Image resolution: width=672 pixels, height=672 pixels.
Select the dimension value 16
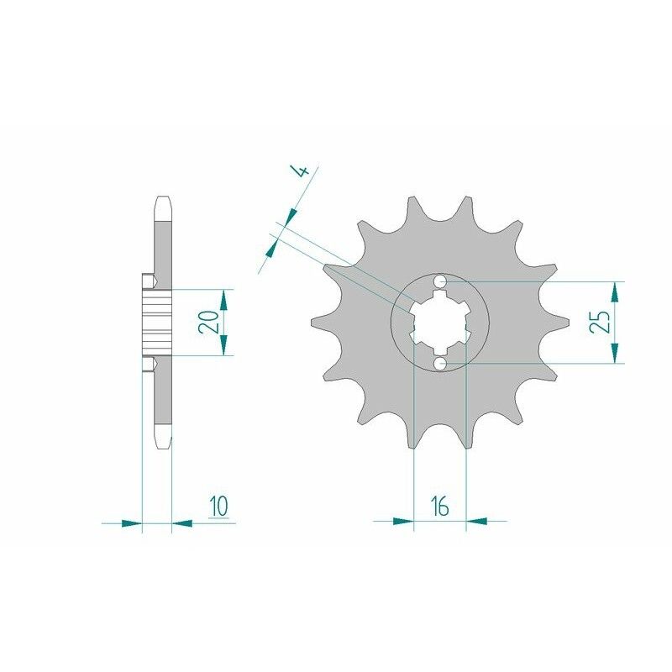(x=439, y=506)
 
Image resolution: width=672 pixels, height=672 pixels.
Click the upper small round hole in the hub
(x=441, y=281)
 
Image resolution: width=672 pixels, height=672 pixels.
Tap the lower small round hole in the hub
(x=441, y=363)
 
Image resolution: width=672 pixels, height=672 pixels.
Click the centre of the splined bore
(x=441, y=323)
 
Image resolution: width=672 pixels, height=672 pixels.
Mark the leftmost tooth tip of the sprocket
(x=312, y=323)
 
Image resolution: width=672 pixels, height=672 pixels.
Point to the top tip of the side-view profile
(x=163, y=198)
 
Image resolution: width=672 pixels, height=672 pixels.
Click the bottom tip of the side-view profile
(x=163, y=446)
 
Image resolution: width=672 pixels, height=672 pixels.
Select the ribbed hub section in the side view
(x=157, y=323)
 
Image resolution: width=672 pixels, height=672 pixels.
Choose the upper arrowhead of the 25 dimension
(x=617, y=291)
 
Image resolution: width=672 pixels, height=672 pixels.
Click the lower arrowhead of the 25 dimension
(x=617, y=354)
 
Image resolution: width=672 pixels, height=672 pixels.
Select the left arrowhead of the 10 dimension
(x=131, y=522)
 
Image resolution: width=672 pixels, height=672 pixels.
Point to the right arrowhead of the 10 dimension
(x=182, y=522)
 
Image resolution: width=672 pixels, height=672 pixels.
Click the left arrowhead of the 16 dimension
(x=404, y=521)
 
